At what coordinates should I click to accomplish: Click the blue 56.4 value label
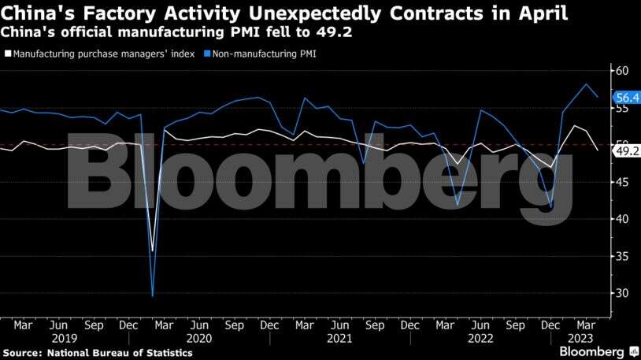[x=627, y=98]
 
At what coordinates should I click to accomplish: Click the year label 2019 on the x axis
[x=59, y=338]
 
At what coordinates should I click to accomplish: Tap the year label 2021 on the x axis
[x=339, y=338]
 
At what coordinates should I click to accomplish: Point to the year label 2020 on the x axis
[x=199, y=338]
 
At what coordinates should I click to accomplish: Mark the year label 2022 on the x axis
[x=479, y=338]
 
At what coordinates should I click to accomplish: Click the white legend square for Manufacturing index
[x=8, y=54]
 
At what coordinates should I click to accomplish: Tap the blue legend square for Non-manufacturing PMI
[x=206, y=54]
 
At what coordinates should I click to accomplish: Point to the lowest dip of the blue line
[x=152, y=295]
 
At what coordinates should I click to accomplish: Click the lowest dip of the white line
[x=152, y=251]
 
